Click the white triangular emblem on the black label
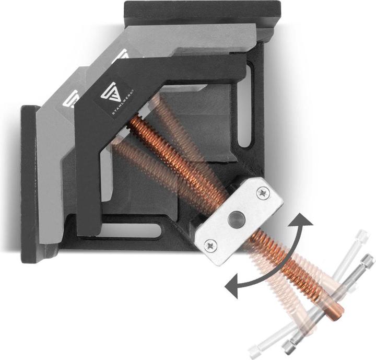tap(112, 94)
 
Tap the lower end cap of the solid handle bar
tap(289, 347)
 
